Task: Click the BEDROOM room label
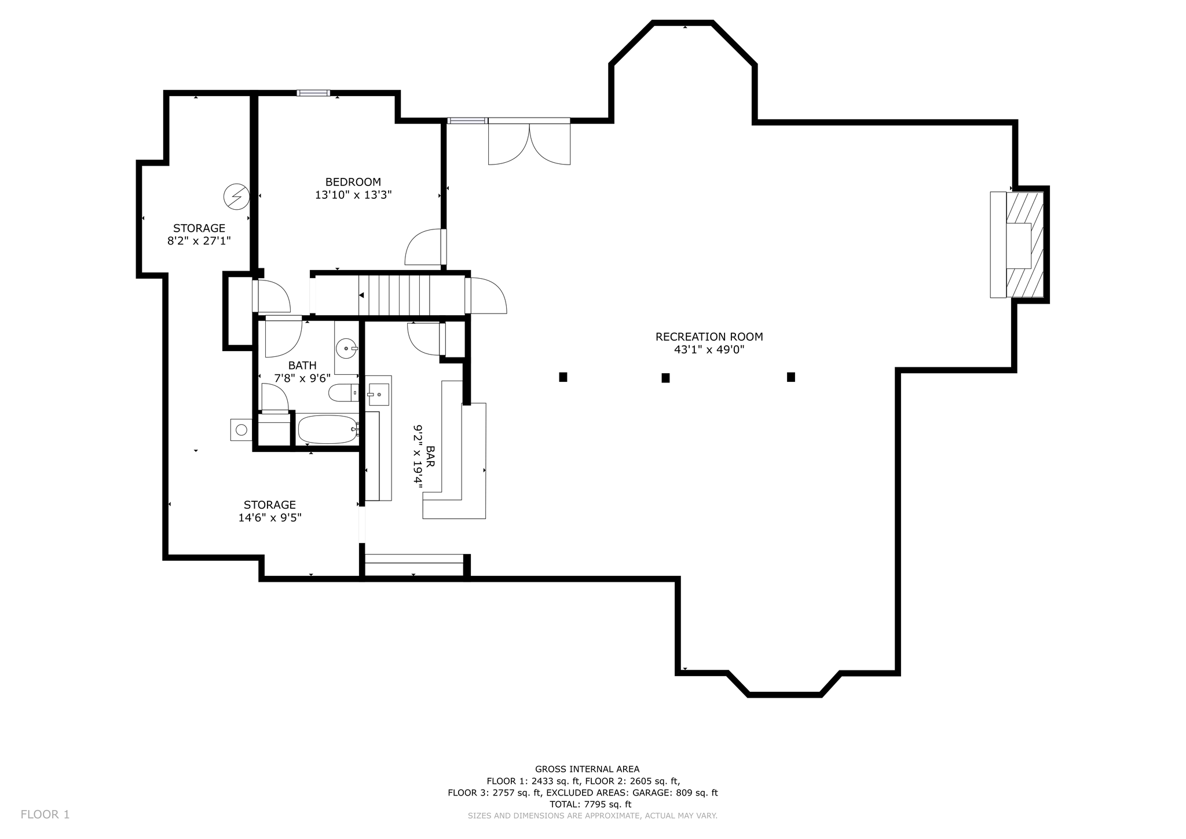click(x=353, y=182)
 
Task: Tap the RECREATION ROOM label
click(x=709, y=337)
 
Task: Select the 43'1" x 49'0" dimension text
click(x=709, y=350)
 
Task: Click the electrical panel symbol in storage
click(x=236, y=197)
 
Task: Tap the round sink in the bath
click(x=346, y=349)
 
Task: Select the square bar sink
click(x=379, y=394)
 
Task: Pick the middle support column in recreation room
click(x=665, y=378)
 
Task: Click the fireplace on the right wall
click(x=1018, y=245)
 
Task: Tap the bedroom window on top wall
click(x=313, y=93)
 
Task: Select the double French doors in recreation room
click(x=529, y=141)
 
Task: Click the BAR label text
click(x=430, y=457)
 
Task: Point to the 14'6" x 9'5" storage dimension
click(x=270, y=517)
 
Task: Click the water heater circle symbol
click(x=241, y=429)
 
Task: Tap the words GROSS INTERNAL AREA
click(x=587, y=769)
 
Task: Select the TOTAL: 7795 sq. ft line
click(x=590, y=804)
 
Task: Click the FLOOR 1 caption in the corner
click(x=45, y=815)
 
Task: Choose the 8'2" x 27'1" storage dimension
click(x=199, y=240)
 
